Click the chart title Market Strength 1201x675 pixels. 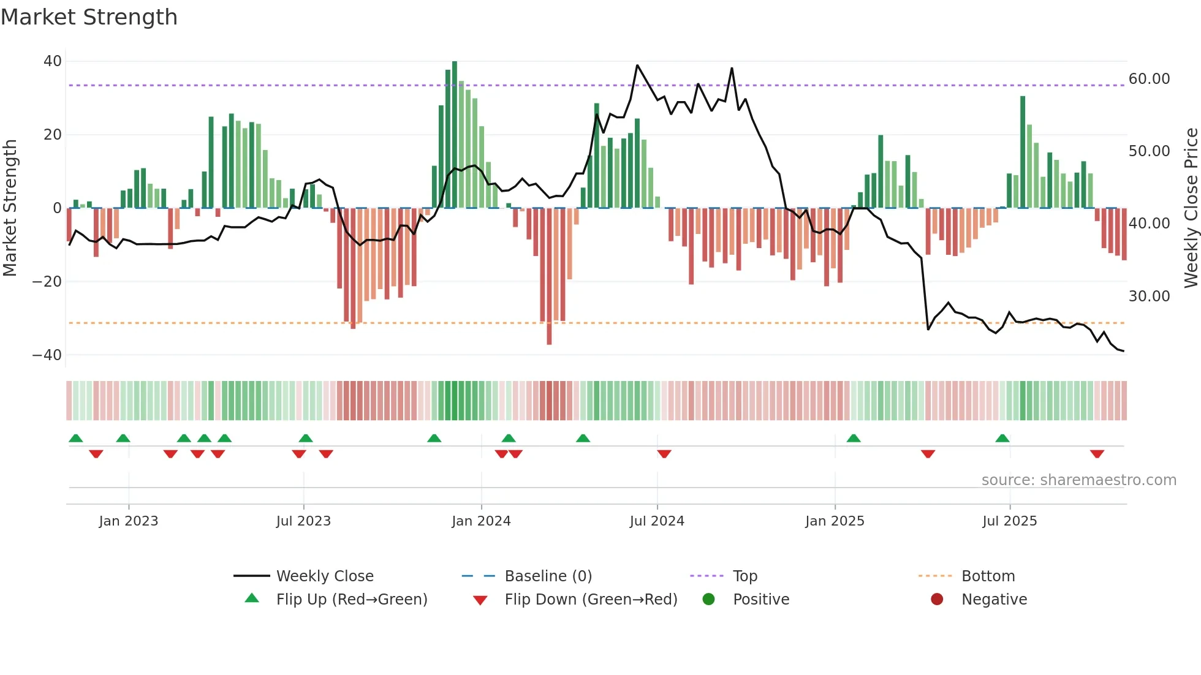[89, 17]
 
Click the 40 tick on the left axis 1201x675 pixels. [53, 61]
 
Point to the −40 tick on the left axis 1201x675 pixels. [47, 355]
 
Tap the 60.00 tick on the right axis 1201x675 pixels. [1149, 79]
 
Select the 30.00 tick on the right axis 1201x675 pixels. [1149, 296]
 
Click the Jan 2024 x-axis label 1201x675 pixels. [481, 521]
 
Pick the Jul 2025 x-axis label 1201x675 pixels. [1009, 521]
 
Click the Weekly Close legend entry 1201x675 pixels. [324, 576]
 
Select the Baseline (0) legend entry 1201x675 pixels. [548, 576]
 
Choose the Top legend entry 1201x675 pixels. [744, 576]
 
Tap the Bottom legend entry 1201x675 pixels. [988, 576]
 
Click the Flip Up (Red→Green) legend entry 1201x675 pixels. [351, 600]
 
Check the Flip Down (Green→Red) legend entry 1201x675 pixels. [591, 600]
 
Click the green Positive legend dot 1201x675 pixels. [709, 600]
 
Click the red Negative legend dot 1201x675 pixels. [937, 600]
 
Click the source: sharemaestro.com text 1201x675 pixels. [1078, 480]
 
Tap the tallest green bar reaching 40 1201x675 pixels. [455, 135]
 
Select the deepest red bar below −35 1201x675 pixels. [549, 276]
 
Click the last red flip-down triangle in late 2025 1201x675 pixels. [1097, 454]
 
